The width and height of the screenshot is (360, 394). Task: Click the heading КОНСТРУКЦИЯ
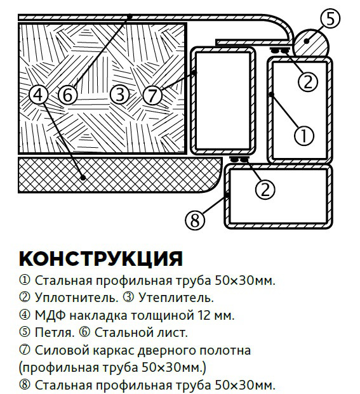[101, 259]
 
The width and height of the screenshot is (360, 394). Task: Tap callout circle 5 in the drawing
[330, 19]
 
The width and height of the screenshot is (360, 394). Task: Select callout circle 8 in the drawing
[195, 220]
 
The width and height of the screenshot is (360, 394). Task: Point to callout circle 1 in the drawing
[304, 136]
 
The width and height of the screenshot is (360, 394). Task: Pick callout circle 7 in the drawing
[152, 95]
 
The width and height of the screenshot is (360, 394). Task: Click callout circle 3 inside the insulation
[120, 95]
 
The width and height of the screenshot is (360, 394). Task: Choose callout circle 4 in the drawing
[39, 95]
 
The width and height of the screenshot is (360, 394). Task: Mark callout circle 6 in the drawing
[68, 95]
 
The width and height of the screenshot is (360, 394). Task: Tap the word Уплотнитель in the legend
[76, 298]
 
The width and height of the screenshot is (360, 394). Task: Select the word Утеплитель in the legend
[176, 298]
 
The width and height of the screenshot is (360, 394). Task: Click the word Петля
[55, 332]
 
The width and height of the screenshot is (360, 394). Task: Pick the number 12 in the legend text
[204, 315]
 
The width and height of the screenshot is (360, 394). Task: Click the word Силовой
[62, 350]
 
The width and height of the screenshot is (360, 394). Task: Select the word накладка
[98, 315]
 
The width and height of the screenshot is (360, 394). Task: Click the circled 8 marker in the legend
[25, 384]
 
